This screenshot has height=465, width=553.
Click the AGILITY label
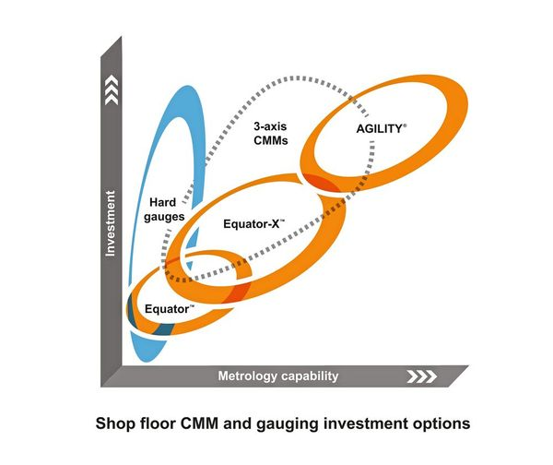pos(379,130)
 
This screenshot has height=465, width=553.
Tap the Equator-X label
pos(253,223)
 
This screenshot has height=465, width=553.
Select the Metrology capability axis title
pos(277,376)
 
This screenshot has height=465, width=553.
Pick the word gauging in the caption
pos(299,424)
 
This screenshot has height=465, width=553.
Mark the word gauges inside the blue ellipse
pos(170,217)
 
